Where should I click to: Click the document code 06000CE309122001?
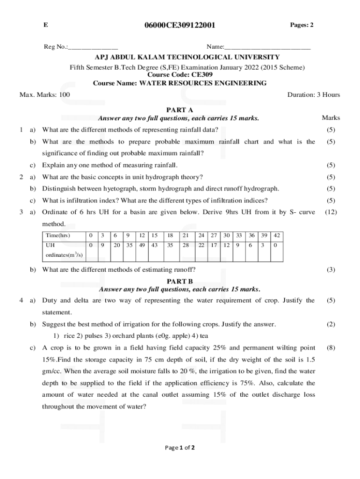(x=180, y=25)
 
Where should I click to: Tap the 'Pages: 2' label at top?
(x=302, y=25)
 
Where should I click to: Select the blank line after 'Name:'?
(x=267, y=47)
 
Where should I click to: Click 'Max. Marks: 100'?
(x=45, y=95)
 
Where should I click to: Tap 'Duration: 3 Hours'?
(x=314, y=95)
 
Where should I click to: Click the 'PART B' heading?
(x=180, y=281)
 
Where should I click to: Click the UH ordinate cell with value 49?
(x=142, y=245)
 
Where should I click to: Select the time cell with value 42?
(x=277, y=235)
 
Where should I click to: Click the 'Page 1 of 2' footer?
(x=180, y=448)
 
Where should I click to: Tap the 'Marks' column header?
(x=331, y=118)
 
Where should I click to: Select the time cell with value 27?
(x=214, y=235)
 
